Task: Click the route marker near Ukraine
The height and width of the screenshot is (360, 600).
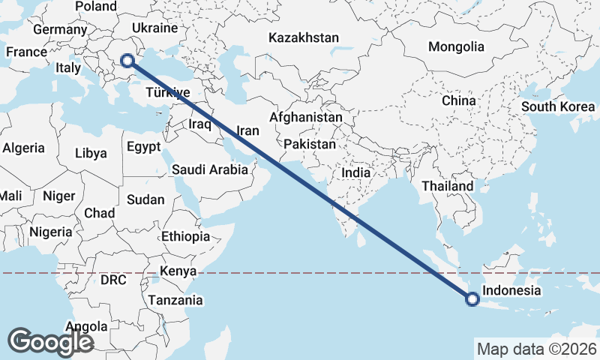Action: point(126,59)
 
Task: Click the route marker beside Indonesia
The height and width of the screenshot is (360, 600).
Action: point(472,299)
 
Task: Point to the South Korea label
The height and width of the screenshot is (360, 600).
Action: point(558,106)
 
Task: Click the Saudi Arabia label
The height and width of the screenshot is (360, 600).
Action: point(209,169)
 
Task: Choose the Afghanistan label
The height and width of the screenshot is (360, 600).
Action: point(305,118)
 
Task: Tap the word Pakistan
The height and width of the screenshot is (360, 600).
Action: point(310,143)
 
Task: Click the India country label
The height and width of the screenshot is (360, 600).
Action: point(355,172)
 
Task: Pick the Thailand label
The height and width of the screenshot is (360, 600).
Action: point(447,186)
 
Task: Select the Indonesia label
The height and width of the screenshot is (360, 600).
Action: point(511,291)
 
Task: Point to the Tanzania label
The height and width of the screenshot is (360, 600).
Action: point(175,300)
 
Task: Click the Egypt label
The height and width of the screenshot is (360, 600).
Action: point(145,146)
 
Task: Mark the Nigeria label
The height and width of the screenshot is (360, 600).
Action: point(51,232)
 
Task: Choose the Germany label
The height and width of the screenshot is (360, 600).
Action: point(60,30)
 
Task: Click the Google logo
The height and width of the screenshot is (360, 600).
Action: point(50,342)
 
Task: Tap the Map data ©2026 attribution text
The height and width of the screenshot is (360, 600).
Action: point(536,349)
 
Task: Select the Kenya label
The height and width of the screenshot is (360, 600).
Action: point(178,271)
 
